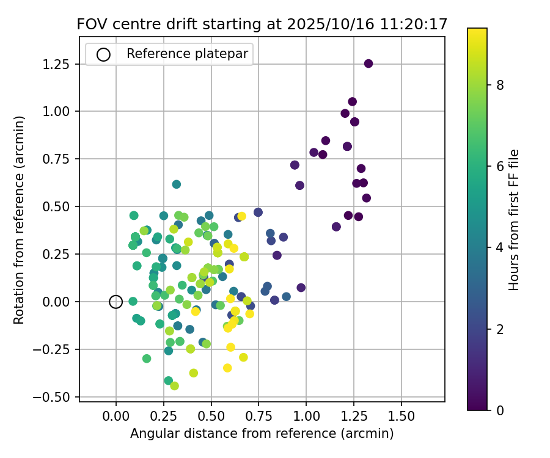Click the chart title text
(262, 24)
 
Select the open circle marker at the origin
(116, 302)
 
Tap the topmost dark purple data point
(369, 64)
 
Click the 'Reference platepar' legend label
(187, 54)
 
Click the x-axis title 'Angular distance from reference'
(262, 434)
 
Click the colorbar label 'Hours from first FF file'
(515, 220)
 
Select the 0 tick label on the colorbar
(500, 410)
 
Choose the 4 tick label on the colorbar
(500, 247)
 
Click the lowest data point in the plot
(174, 386)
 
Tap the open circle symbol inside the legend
(103, 54)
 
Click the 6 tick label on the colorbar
(500, 167)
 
